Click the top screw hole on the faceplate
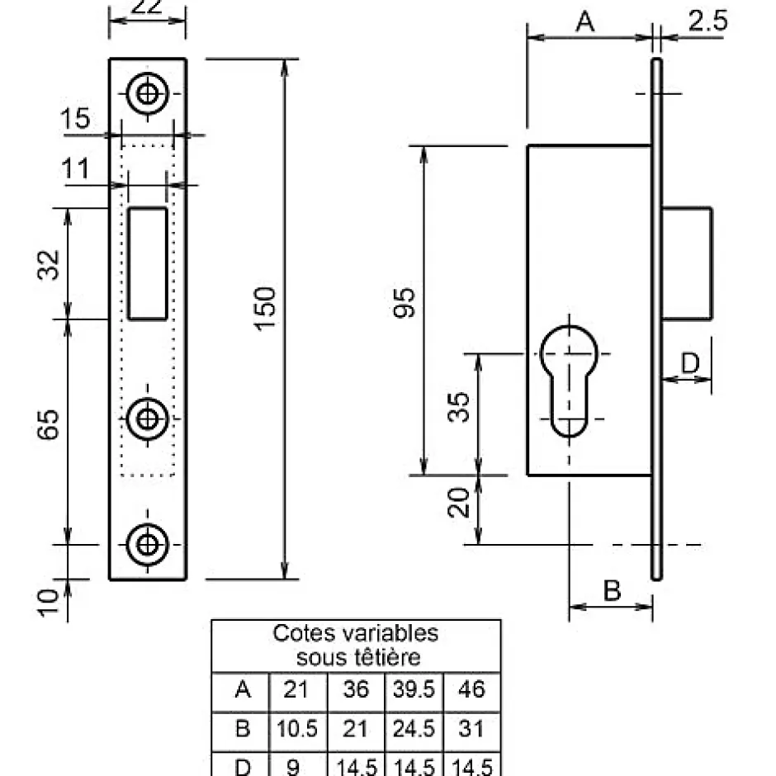tap(148, 92)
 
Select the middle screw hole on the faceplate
tap(148, 419)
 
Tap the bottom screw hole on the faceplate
tap(148, 544)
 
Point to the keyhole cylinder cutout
tap(569, 376)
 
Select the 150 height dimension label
tap(264, 309)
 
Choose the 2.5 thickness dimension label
tap(707, 21)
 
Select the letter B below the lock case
tap(612, 591)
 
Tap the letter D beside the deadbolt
tap(689, 362)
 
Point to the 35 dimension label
tap(461, 405)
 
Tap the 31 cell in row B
tap(471, 730)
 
